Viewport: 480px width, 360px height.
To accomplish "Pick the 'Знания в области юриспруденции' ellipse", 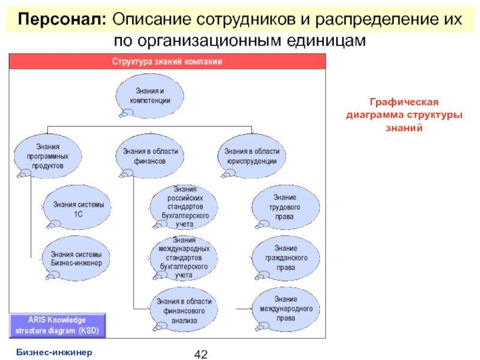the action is point(251,155).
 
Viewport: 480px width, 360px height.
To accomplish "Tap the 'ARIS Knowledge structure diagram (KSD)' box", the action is point(59,325).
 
